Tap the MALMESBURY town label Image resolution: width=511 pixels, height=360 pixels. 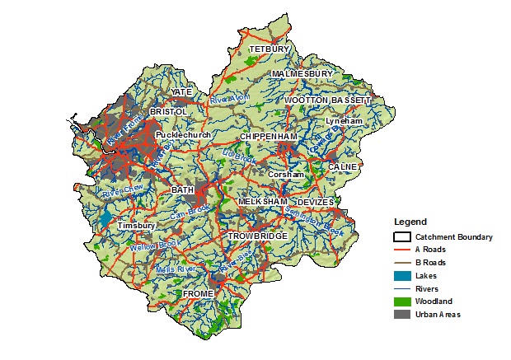pyautogui.click(x=302, y=74)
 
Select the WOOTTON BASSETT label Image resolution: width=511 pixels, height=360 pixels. pyautogui.click(x=328, y=100)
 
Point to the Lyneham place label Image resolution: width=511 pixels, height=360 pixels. pyautogui.click(x=344, y=121)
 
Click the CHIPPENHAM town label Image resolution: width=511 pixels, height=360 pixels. pyautogui.click(x=268, y=136)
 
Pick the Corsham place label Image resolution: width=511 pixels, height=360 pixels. pyautogui.click(x=286, y=175)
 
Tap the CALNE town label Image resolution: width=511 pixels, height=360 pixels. pyautogui.click(x=342, y=166)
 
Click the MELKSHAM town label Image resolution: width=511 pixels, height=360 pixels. pyautogui.click(x=262, y=202)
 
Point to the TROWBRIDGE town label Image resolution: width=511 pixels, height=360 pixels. pyautogui.click(x=258, y=236)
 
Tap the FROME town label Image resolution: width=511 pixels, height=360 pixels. pyautogui.click(x=198, y=294)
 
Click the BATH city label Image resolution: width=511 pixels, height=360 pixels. pyautogui.click(x=181, y=189)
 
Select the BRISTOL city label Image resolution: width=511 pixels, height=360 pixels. pyautogui.click(x=168, y=110)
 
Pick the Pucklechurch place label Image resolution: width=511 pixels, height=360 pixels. pyautogui.click(x=183, y=134)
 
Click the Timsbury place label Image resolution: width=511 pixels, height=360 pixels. pyautogui.click(x=136, y=225)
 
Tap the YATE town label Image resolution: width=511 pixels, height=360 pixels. pyautogui.click(x=180, y=91)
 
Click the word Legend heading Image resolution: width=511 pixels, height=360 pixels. pyautogui.click(x=410, y=222)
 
